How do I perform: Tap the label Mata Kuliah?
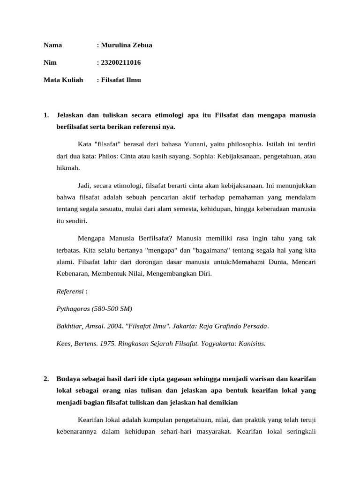pyautogui.click(x=63, y=80)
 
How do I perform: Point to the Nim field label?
pyautogui.click(x=50, y=62)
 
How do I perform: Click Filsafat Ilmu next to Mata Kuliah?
pyautogui.click(x=121, y=80)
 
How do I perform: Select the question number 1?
pyautogui.click(x=46, y=115)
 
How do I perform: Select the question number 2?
pyautogui.click(x=46, y=378)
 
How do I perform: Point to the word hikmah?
pyautogui.click(x=67, y=168)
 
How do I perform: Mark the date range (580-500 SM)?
pyautogui.click(x=113, y=308)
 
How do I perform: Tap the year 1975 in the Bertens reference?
pyautogui.click(x=106, y=343)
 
